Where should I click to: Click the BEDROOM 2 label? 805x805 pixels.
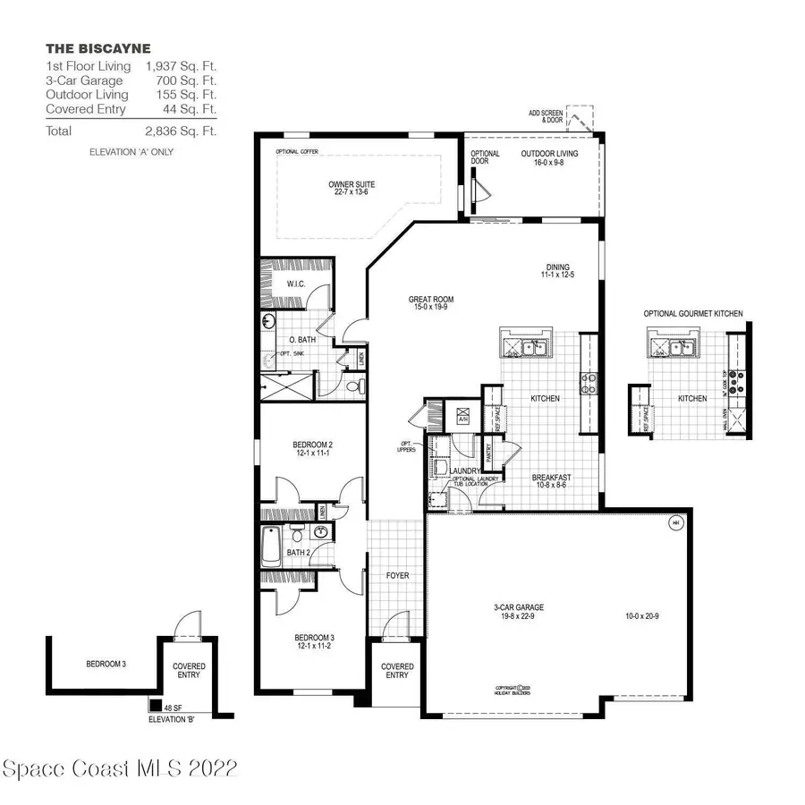(312, 450)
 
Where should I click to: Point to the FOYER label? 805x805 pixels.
(397, 575)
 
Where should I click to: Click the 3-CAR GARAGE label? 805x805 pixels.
(519, 612)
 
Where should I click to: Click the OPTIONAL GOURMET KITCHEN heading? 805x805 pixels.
(693, 314)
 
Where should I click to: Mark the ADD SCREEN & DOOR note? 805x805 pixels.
(547, 117)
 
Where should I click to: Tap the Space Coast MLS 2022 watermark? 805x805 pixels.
(120, 768)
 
